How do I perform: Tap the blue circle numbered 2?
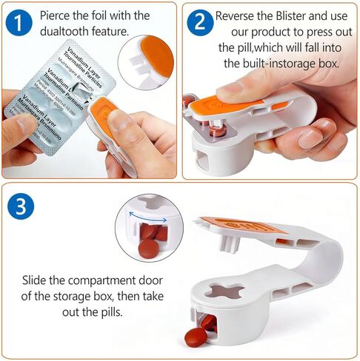tap(200, 23)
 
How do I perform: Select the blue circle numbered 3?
tap(21, 206)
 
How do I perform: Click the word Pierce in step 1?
tap(59, 15)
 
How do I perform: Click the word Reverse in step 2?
tap(236, 16)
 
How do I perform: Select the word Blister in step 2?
tap(296, 16)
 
